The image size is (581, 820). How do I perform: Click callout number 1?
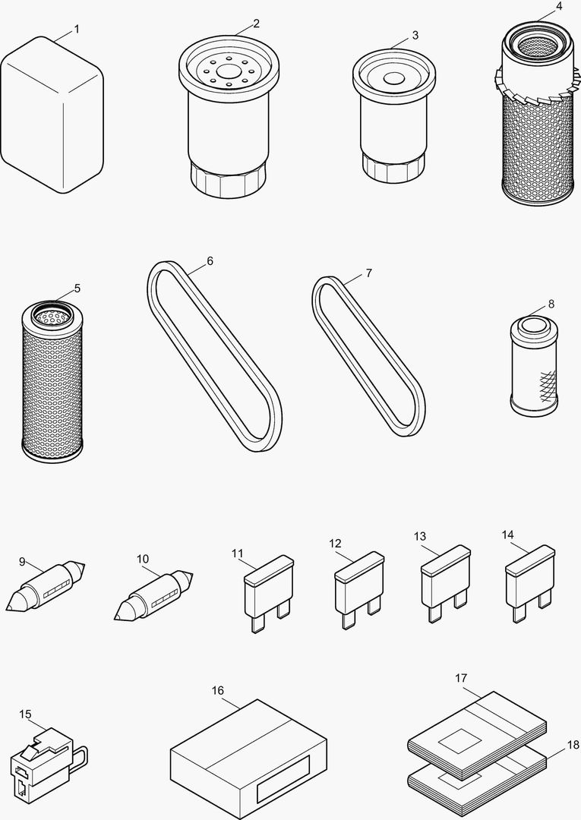[x=77, y=29]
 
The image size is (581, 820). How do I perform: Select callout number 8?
[x=551, y=304]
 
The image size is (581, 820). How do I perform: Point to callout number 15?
[x=25, y=714]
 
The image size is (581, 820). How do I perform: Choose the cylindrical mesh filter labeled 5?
[x=52, y=380]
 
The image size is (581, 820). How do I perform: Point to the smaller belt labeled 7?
[x=368, y=357]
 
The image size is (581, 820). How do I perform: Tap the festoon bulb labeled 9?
[x=46, y=588]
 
